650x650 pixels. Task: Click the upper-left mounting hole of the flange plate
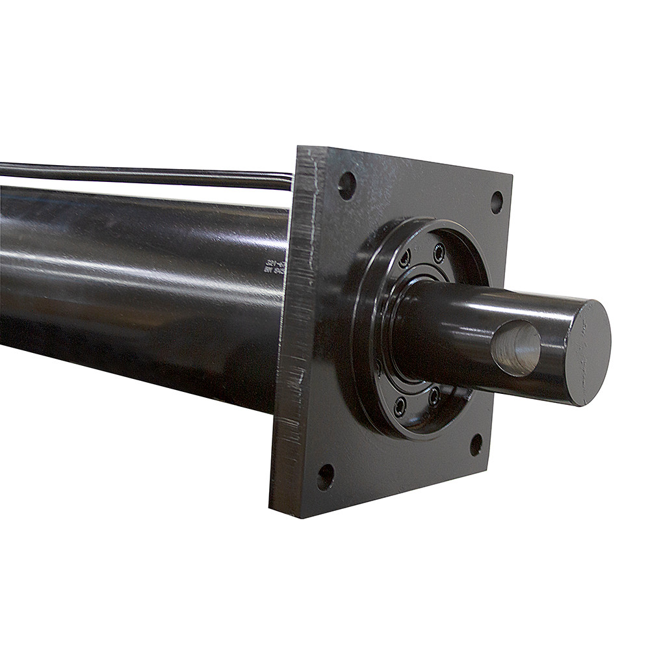point(347,185)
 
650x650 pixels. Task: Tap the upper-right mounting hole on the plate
point(497,202)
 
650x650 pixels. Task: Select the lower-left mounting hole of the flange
point(326,477)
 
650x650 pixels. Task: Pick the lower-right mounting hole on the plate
point(476,445)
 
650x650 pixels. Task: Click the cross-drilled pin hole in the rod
point(516,348)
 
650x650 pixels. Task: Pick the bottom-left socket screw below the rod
point(400,406)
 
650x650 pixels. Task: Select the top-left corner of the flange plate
point(299,148)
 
